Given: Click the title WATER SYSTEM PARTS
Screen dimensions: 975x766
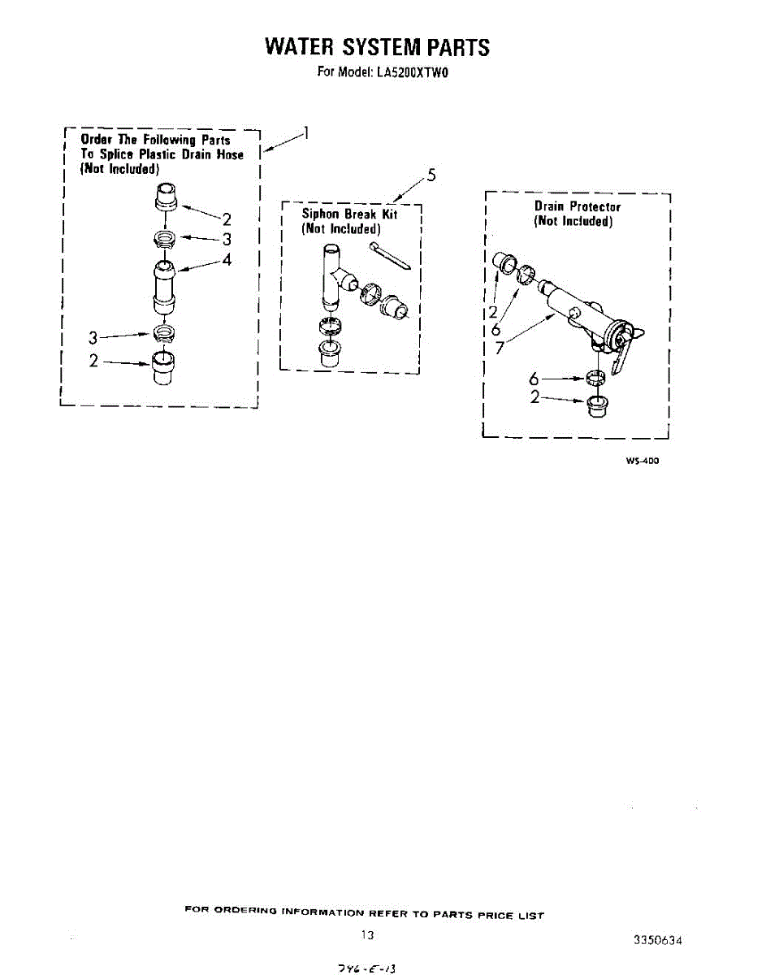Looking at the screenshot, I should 377,46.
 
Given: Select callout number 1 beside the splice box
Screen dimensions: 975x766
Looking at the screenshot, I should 305,134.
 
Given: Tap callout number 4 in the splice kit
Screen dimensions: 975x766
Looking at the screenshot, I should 227,260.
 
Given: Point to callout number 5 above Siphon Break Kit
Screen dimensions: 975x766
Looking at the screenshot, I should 431,175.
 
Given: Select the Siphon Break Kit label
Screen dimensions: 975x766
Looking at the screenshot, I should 349,214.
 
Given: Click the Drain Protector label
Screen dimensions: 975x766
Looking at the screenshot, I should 577,207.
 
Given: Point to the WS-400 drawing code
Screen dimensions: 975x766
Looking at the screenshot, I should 642,461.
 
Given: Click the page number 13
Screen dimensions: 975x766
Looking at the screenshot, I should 367,935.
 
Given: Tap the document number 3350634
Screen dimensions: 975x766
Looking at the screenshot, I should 657,940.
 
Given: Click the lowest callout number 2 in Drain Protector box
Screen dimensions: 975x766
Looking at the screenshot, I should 535,397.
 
